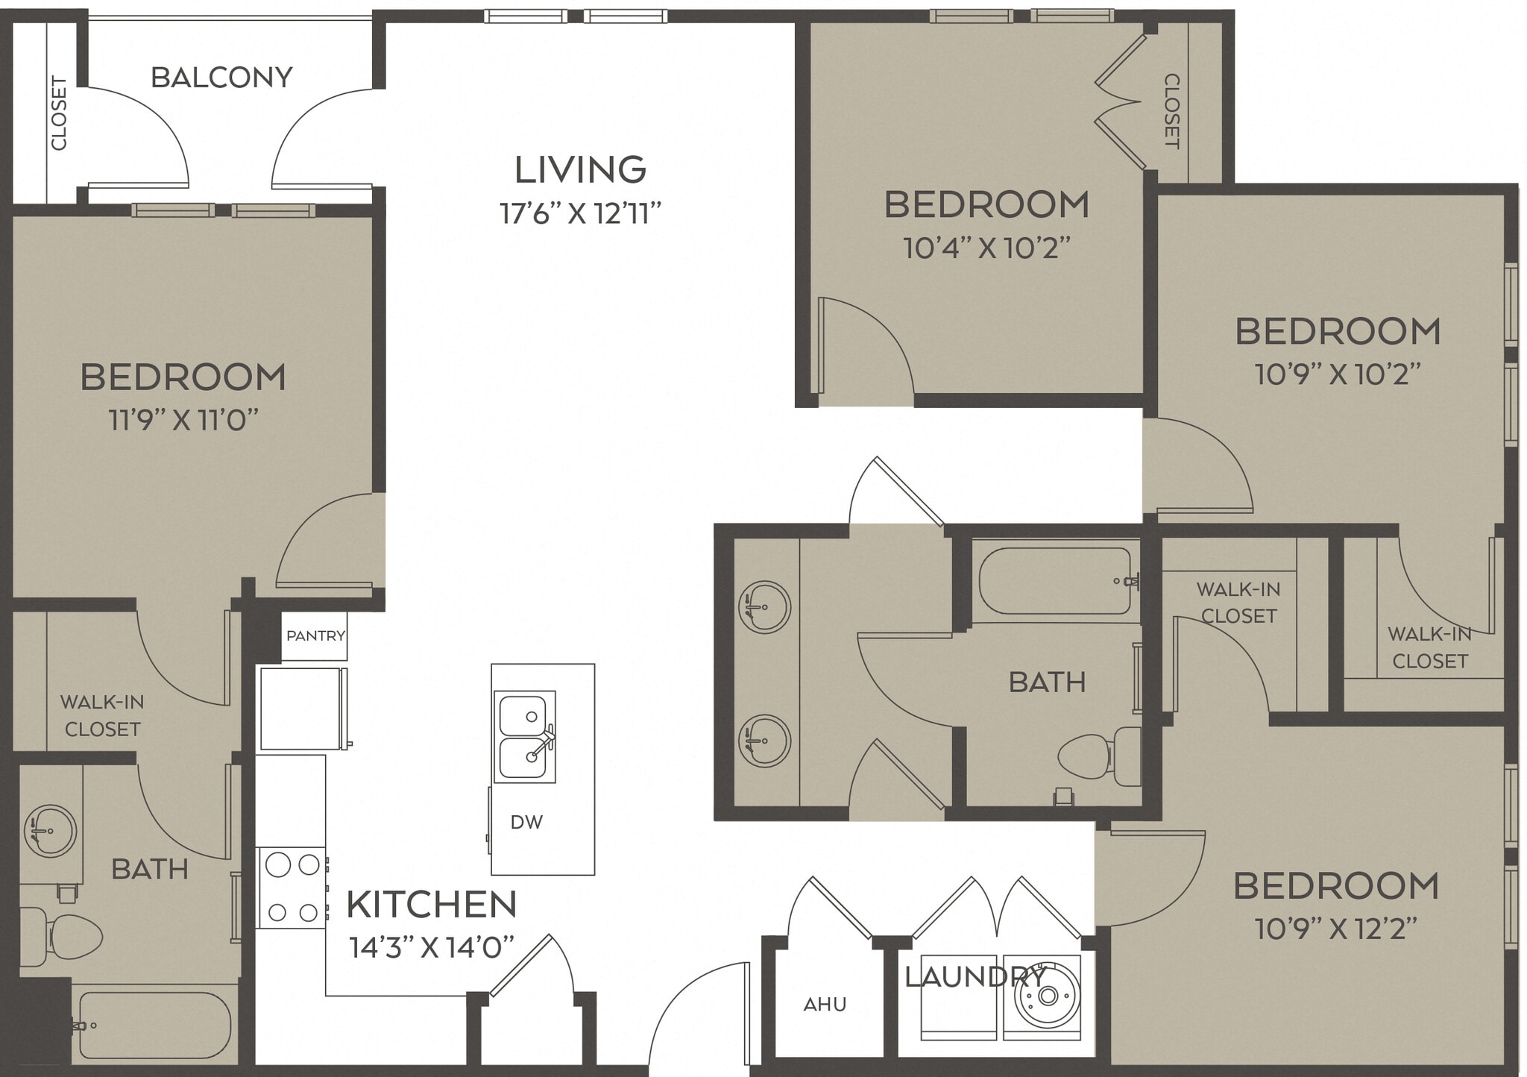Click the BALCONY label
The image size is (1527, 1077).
click(x=221, y=78)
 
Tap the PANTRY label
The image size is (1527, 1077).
click(x=315, y=636)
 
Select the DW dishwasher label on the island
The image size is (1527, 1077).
click(x=526, y=822)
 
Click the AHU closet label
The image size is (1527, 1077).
click(x=825, y=1005)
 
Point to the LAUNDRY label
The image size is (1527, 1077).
click(x=975, y=976)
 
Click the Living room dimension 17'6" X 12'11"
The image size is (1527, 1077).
click(x=580, y=214)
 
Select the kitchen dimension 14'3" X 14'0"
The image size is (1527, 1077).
click(x=432, y=948)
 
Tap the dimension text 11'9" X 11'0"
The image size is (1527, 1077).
click(x=183, y=421)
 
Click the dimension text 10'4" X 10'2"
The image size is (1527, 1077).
click(x=986, y=248)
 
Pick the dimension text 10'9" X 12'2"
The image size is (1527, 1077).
click(x=1335, y=929)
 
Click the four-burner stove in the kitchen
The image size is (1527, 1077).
click(x=292, y=888)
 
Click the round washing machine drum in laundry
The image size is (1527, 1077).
click(x=1048, y=996)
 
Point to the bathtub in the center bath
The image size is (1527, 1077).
click(x=1054, y=582)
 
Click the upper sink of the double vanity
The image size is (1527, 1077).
click(x=763, y=607)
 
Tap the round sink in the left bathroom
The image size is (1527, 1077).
click(x=49, y=829)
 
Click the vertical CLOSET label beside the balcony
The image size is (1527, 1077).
click(x=59, y=113)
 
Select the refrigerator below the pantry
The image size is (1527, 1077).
click(x=301, y=709)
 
